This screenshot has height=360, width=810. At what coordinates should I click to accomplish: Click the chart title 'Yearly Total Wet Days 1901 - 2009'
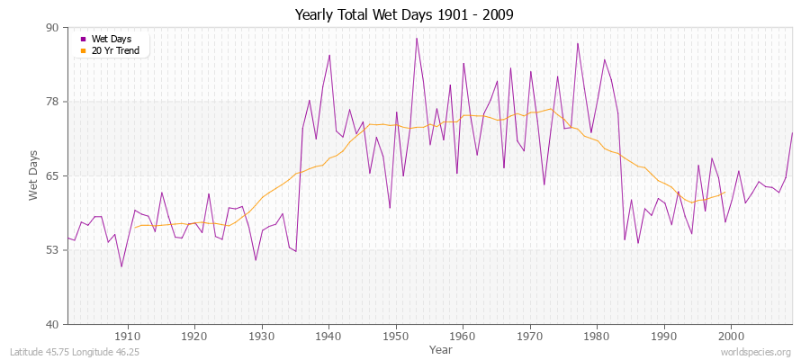pyautogui.click(x=404, y=15)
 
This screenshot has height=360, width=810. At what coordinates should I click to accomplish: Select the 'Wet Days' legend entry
pyautogui.click(x=111, y=39)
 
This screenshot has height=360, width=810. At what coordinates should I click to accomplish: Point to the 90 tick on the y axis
pyautogui.click(x=52, y=28)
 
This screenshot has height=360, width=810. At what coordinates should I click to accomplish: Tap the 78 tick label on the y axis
pyautogui.click(x=52, y=102)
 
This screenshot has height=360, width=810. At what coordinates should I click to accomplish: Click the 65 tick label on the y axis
pyautogui.click(x=52, y=175)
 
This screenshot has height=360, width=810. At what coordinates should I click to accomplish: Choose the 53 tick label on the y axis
pyautogui.click(x=52, y=250)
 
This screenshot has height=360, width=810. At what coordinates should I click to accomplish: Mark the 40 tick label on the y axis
pyautogui.click(x=52, y=324)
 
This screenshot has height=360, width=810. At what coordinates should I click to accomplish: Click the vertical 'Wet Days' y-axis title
pyautogui.click(x=33, y=175)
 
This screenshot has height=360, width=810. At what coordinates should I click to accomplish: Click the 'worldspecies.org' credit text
pyautogui.click(x=757, y=352)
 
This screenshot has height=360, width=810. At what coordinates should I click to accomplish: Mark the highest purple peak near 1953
pyautogui.click(x=416, y=38)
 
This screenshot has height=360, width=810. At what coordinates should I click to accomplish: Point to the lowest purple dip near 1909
pyautogui.click(x=121, y=266)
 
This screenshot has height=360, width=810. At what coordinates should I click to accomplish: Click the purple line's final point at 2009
pyautogui.click(x=792, y=133)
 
